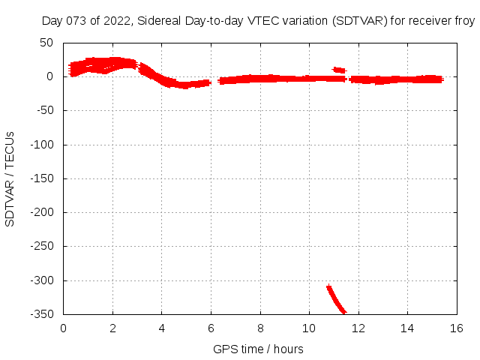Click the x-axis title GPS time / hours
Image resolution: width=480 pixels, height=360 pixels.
(258, 349)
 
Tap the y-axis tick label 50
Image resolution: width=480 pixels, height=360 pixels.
(46, 42)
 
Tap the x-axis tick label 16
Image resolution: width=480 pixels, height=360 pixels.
(457, 328)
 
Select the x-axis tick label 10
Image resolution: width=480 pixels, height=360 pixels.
(309, 328)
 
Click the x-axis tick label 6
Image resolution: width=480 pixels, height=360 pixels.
(211, 328)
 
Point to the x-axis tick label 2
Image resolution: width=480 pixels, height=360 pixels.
(112, 328)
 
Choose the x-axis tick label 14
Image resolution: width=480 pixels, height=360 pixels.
(407, 328)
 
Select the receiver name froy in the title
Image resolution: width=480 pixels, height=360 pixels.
(463, 21)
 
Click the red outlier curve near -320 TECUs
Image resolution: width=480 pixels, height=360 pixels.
(334, 297)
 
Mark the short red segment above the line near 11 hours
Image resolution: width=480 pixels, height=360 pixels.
(339, 70)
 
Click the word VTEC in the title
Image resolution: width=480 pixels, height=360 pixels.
(258, 21)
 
